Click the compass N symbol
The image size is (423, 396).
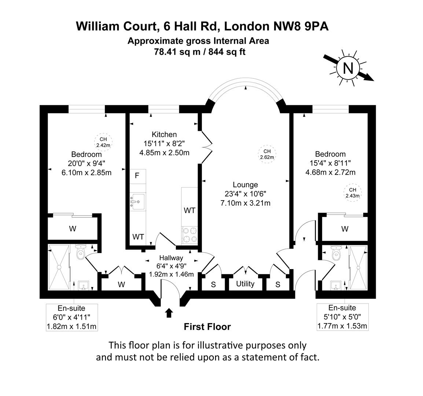[348, 68]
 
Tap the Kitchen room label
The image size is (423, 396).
[164, 135]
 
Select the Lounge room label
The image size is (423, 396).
[245, 185]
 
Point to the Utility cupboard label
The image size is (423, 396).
[245, 284]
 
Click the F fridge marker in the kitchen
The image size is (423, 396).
[137, 176]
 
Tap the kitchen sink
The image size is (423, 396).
[139, 201]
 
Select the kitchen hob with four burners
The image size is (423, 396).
[190, 235]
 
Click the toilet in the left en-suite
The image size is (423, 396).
[80, 252]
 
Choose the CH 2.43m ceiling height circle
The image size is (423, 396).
[352, 192]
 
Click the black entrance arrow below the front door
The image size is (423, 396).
[169, 313]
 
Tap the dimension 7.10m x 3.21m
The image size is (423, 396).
[245, 203]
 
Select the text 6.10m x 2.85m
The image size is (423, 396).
[87, 172]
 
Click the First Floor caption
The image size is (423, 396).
[207, 326]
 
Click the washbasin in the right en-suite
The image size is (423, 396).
[336, 285]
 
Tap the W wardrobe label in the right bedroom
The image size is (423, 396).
[345, 229]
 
